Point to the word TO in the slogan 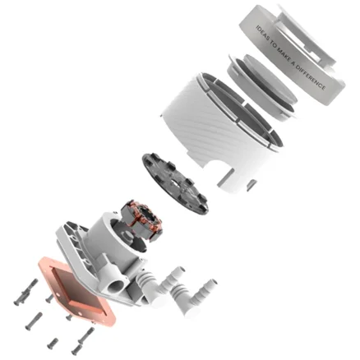click(273, 44)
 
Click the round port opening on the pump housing click(116, 287)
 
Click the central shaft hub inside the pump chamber click(129, 236)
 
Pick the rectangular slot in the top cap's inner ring click(313, 56)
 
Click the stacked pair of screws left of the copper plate click(26, 292)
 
